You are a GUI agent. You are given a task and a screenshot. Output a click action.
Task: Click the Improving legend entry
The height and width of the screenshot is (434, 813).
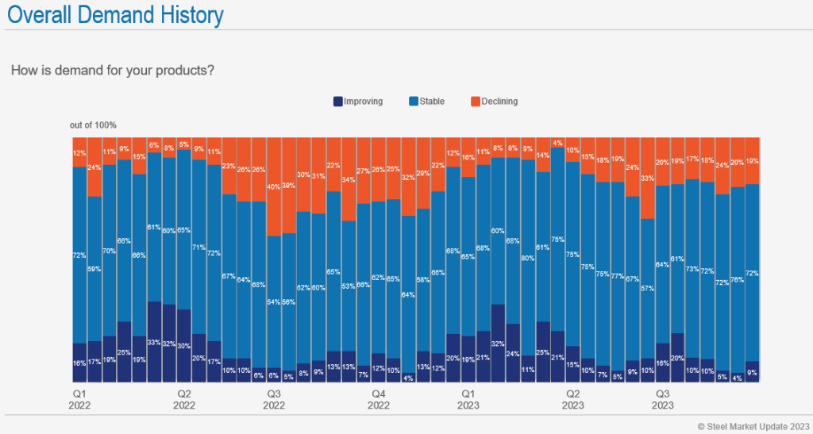[358, 102]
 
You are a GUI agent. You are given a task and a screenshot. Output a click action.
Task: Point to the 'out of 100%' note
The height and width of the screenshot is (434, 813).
[93, 125]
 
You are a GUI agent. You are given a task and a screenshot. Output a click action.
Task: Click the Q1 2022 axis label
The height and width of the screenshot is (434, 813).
[79, 399]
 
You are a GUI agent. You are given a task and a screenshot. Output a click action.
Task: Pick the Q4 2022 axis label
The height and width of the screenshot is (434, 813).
[379, 399]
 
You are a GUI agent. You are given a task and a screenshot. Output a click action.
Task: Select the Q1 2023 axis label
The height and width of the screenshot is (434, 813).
[468, 399]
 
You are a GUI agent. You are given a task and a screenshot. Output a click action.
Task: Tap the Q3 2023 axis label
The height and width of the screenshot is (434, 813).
[663, 399]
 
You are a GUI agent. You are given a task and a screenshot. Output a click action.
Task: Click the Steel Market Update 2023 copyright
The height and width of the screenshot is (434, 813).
[752, 426]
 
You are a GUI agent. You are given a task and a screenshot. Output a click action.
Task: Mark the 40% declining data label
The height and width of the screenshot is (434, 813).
[273, 187]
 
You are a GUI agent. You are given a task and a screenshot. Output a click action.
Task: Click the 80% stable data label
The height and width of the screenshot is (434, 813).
[528, 258]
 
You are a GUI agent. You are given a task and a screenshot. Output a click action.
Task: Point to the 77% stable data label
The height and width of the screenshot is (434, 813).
[618, 275]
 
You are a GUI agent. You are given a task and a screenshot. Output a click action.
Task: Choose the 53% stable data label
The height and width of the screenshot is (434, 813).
[348, 286]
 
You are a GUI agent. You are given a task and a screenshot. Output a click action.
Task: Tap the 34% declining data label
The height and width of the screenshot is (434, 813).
[348, 180]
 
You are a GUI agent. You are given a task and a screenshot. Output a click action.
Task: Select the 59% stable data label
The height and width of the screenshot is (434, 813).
[94, 269]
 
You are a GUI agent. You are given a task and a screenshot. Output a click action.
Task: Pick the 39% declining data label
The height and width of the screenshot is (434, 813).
[288, 185]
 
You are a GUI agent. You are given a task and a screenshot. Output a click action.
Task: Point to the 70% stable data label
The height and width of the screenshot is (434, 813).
[109, 252]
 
